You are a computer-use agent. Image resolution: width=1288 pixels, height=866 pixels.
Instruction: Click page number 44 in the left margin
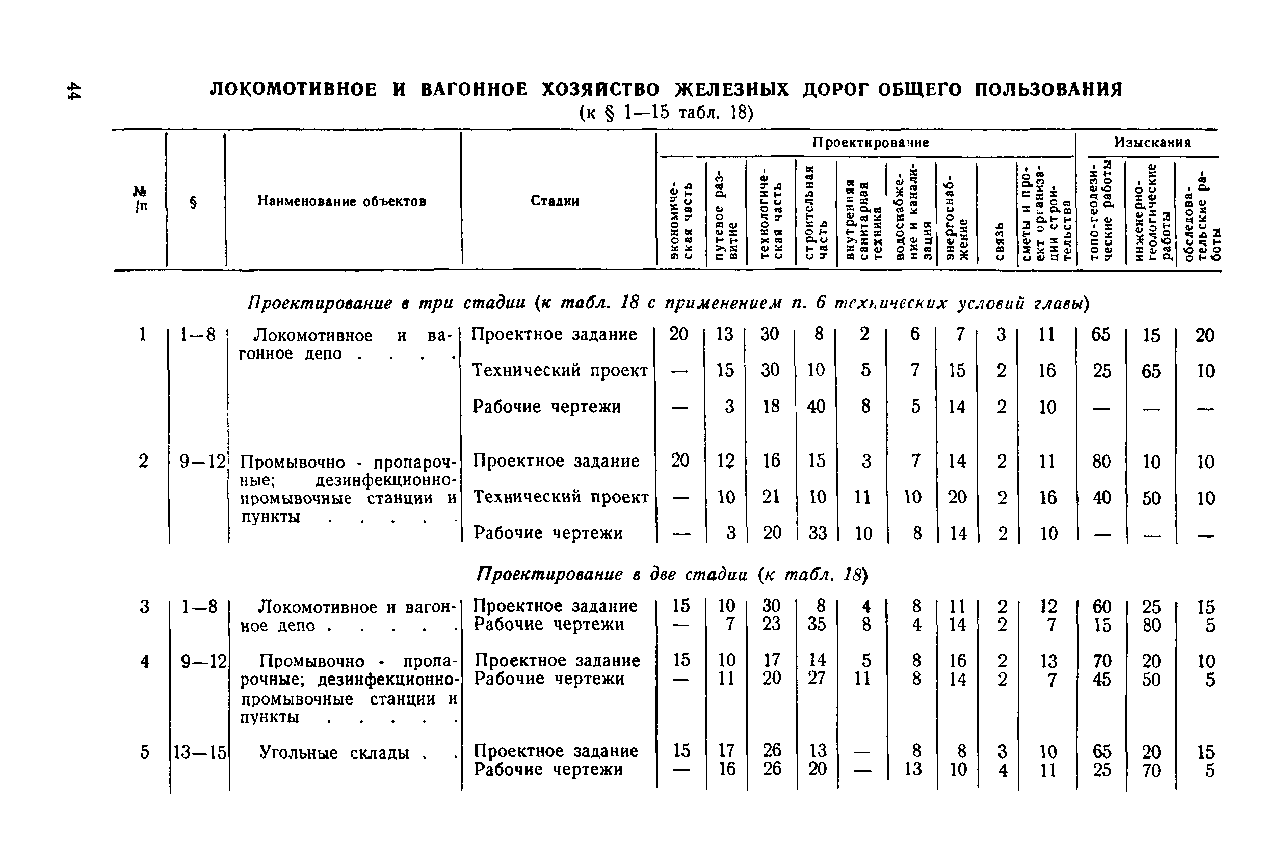pyautogui.click(x=73, y=91)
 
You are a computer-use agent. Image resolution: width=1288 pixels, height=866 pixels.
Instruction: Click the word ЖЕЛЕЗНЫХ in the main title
pyautogui.click(x=731, y=90)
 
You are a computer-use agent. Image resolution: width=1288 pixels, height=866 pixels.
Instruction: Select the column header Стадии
pyautogui.click(x=555, y=201)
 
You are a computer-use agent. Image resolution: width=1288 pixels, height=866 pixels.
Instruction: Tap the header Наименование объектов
pyautogui.click(x=341, y=202)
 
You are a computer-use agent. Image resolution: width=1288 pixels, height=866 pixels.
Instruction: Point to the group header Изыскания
pyautogui.click(x=1151, y=143)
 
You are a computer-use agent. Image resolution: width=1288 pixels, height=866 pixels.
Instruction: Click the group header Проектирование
pyautogui.click(x=870, y=143)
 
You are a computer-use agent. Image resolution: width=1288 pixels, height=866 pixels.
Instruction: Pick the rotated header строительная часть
pyautogui.click(x=816, y=212)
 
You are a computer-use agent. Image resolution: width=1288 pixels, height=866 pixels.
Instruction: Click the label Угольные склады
pyautogui.click(x=334, y=753)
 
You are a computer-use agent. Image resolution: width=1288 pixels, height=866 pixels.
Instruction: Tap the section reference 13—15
pyautogui.click(x=200, y=752)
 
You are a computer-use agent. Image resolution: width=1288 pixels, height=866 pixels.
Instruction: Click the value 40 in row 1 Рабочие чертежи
pyautogui.click(x=816, y=407)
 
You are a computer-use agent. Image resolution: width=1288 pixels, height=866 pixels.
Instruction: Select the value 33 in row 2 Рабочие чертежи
pyautogui.click(x=817, y=533)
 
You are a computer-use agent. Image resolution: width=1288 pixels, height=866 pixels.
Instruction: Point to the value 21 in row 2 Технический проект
pyautogui.click(x=771, y=497)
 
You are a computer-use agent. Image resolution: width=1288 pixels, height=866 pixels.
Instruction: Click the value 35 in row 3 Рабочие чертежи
pyautogui.click(x=817, y=624)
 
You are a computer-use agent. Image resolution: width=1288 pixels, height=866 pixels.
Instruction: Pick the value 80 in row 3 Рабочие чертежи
pyautogui.click(x=1151, y=625)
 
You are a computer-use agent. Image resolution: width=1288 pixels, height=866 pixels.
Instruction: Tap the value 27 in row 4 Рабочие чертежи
pyautogui.click(x=817, y=678)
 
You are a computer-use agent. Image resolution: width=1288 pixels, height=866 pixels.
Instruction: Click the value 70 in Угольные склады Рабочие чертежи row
pyautogui.click(x=1151, y=770)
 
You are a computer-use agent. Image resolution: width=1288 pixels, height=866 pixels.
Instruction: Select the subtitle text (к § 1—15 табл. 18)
pyautogui.click(x=666, y=113)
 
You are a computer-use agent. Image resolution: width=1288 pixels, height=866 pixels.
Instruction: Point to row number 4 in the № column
pyautogui.click(x=144, y=661)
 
